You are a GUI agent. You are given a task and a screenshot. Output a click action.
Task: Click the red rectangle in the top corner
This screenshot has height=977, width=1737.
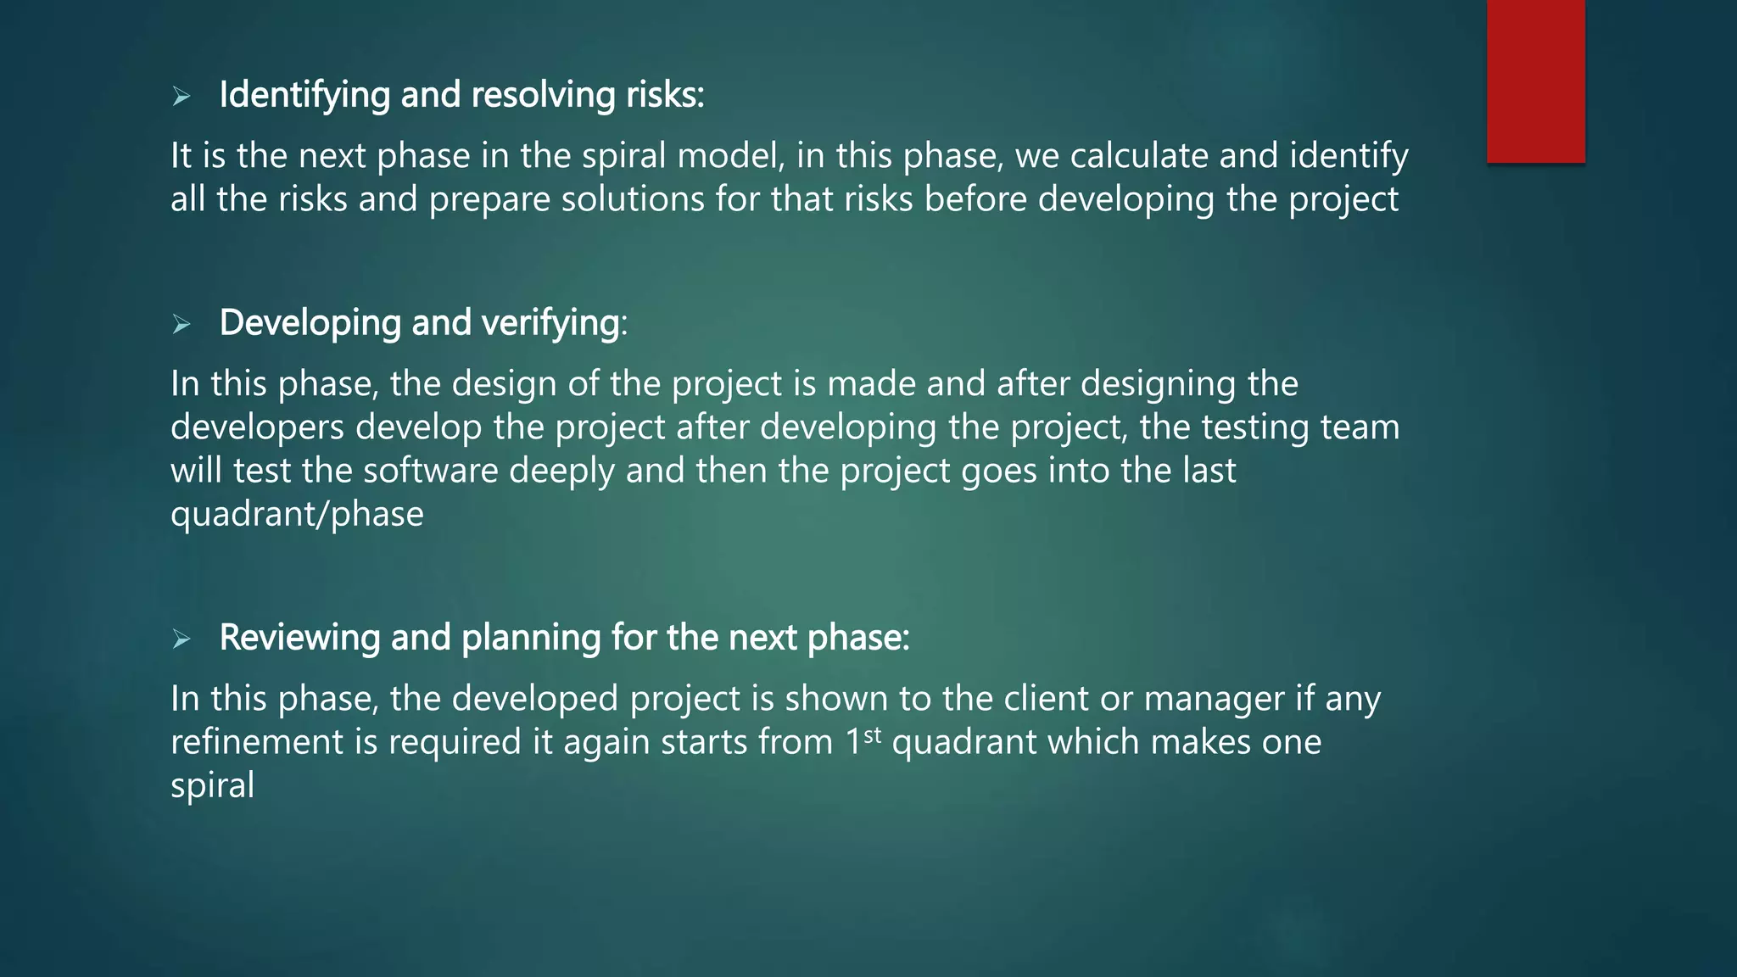(1535, 81)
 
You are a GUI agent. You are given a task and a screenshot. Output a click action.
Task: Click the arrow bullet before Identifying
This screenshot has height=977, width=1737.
(181, 97)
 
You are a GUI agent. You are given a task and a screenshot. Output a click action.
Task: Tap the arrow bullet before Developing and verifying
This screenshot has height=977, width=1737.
(181, 324)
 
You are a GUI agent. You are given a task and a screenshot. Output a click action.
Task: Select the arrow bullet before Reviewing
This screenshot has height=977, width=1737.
(181, 639)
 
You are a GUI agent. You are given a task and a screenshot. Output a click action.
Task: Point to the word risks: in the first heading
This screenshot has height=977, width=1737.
(665, 95)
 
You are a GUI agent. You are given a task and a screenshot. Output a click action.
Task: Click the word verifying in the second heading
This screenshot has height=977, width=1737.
(550, 323)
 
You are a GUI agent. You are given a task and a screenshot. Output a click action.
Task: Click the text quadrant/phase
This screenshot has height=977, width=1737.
(297, 515)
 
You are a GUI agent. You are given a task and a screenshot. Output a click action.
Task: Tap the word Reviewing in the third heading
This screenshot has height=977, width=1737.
(299, 638)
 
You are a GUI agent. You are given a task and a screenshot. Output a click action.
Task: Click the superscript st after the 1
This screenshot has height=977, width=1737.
(873, 734)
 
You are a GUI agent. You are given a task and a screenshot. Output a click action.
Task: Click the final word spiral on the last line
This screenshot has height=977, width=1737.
(212, 786)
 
